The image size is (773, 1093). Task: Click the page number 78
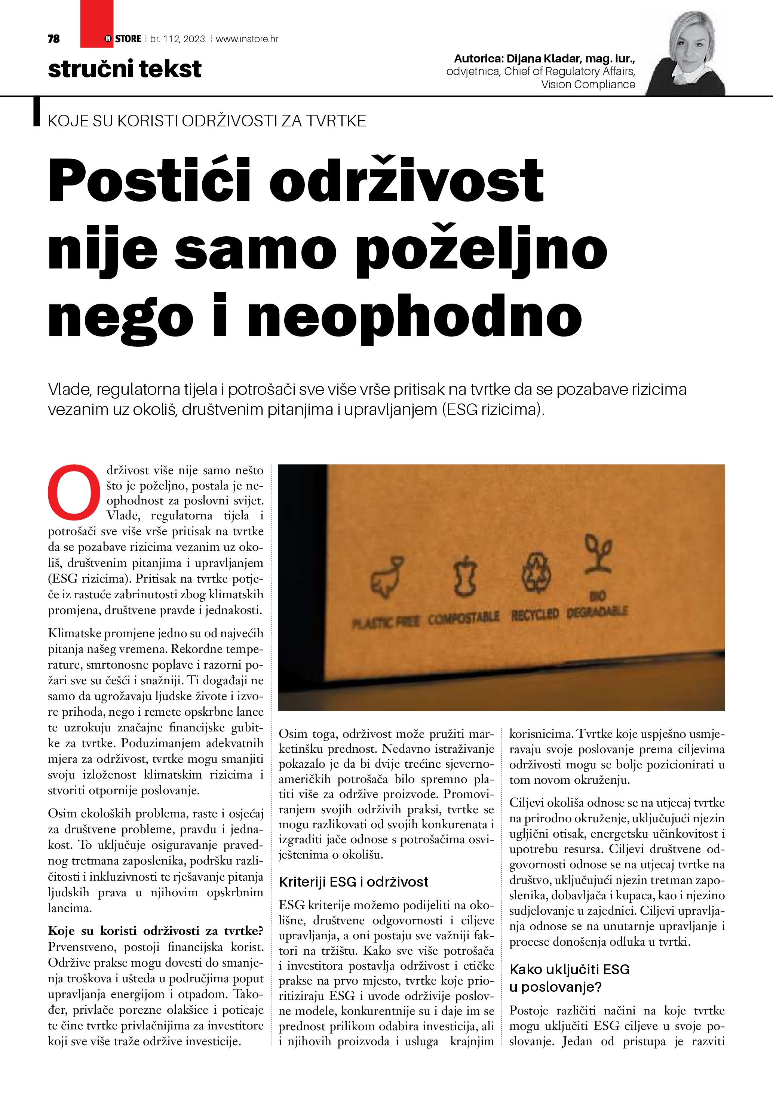click(x=54, y=39)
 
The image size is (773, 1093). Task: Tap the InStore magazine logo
click(x=123, y=39)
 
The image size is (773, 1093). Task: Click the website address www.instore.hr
click(x=247, y=39)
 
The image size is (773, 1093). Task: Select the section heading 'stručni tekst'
click(x=125, y=69)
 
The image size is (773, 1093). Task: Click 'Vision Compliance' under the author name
click(x=588, y=85)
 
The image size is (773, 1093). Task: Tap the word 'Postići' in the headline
click(x=149, y=181)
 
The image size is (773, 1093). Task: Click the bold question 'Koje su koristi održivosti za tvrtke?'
click(x=155, y=931)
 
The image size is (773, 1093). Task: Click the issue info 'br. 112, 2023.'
click(x=178, y=39)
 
